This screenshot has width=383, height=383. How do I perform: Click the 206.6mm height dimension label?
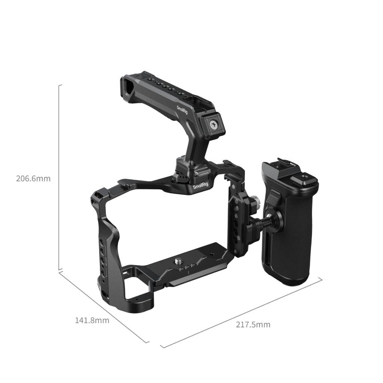[33, 178]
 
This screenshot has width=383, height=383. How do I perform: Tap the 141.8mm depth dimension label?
[92, 320]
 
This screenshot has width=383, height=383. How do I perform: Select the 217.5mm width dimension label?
[253, 324]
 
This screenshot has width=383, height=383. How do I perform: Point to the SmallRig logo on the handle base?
[201, 186]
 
